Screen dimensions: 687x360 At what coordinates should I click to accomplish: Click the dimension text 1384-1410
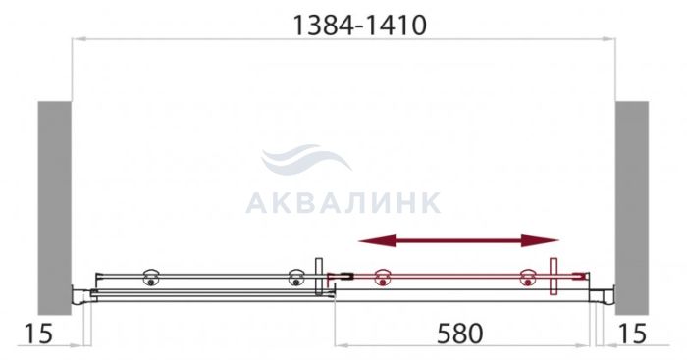pyautogui.click(x=359, y=26)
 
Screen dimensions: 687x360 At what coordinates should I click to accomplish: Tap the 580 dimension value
pyautogui.click(x=460, y=334)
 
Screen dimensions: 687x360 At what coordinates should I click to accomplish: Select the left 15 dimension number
pyautogui.click(x=37, y=334)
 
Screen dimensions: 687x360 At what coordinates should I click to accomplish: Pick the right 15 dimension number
pyautogui.click(x=632, y=334)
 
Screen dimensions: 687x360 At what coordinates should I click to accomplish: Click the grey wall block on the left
pyautogui.click(x=54, y=208)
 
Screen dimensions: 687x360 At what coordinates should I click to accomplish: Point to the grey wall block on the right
pyautogui.click(x=632, y=208)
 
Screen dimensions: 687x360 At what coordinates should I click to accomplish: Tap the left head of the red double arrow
pyautogui.click(x=377, y=240)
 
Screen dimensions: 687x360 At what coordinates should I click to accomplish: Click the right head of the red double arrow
pyautogui.click(x=540, y=240)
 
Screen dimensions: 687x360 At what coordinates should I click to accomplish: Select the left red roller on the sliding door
pyautogui.click(x=383, y=278)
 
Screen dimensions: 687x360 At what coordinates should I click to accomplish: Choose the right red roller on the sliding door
pyautogui.click(x=528, y=278)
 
